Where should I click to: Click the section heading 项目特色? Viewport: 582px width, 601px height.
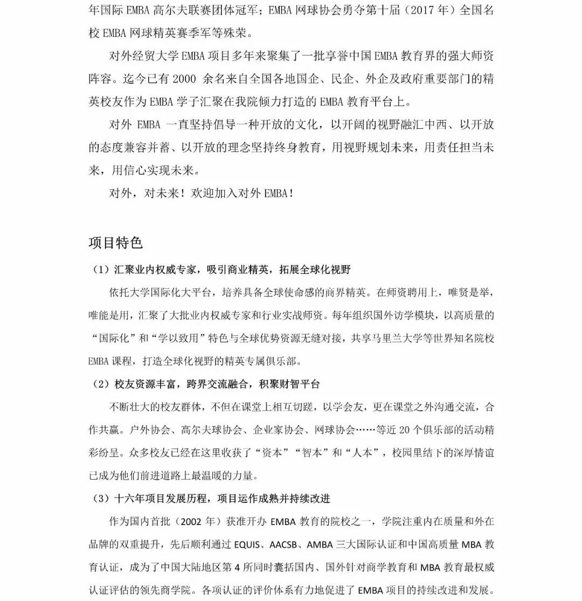click(115, 243)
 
